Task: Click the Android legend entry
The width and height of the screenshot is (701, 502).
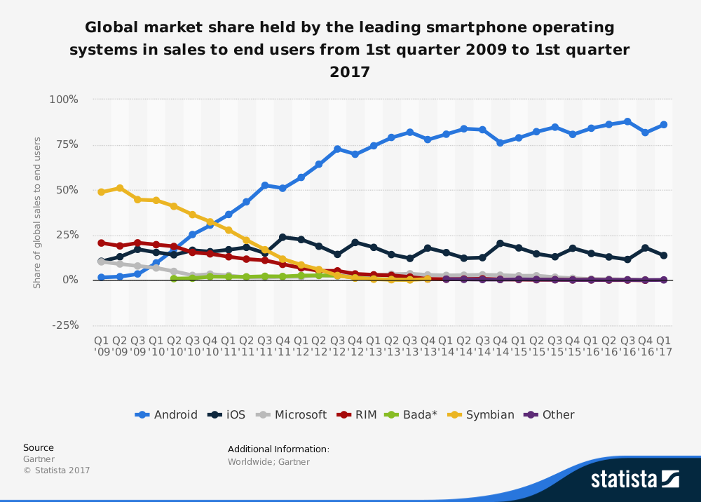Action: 166,414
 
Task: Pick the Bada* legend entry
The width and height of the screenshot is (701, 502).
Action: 411,414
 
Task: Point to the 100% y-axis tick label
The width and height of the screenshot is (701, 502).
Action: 64,100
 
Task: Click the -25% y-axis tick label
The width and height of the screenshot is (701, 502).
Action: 64,325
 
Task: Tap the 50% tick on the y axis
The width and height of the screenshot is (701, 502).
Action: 67,190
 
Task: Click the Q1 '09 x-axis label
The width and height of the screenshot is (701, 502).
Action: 102,346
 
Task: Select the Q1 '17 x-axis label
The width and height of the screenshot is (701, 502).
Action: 663,346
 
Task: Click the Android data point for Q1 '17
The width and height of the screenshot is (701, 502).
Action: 663,125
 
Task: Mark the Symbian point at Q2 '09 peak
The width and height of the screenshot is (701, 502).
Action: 120,188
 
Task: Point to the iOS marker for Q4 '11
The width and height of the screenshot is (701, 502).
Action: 283,237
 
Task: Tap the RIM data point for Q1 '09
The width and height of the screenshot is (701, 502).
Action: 102,243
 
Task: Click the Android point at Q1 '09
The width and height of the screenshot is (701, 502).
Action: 102,277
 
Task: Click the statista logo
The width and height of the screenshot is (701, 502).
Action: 634,479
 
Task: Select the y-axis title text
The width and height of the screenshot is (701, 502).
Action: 37,212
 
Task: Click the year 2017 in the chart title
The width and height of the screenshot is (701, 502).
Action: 349,72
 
